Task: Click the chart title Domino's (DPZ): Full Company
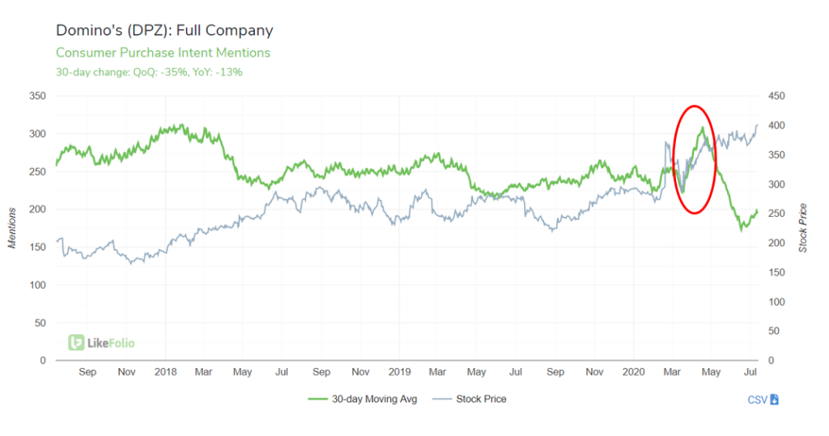pos(164,31)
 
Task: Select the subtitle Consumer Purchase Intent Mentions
pos(163,53)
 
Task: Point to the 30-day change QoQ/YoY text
pos(149,72)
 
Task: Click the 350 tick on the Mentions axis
pos(37,96)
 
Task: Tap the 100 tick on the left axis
pos(37,286)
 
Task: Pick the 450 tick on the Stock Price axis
pos(776,96)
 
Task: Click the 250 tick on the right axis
pos(776,214)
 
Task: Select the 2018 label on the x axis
pos(165,372)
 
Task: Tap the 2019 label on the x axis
pos(399,372)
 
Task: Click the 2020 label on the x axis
pos(633,372)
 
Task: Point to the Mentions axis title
pos(14,227)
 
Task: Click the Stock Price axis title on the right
pos(804,227)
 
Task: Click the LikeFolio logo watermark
pos(102,343)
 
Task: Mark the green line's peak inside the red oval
pos(702,128)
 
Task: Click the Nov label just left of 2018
pos(126,372)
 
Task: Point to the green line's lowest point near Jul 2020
pos(741,231)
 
